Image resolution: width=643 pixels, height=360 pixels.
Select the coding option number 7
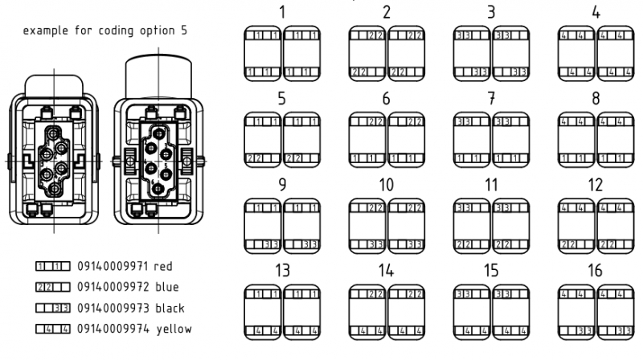click(490, 99)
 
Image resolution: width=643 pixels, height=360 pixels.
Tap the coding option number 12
click(595, 185)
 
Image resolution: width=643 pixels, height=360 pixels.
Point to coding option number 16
click(595, 271)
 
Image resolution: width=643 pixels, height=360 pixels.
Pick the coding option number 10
click(387, 185)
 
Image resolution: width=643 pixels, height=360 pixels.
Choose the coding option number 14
click(387, 271)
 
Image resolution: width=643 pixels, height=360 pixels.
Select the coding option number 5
click(282, 99)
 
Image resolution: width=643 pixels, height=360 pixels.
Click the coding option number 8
click(595, 99)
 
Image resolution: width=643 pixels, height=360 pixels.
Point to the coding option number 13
click(282, 271)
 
